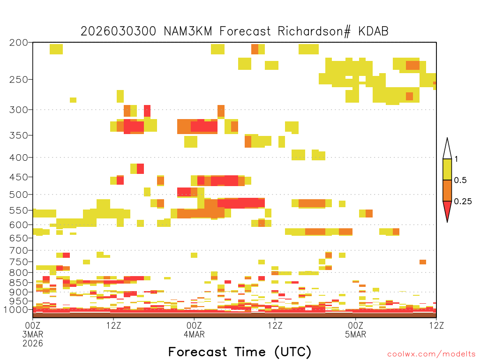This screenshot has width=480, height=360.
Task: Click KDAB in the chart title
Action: click(374, 31)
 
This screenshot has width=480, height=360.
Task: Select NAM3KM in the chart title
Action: click(188, 31)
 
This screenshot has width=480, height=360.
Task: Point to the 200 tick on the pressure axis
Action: click(19, 43)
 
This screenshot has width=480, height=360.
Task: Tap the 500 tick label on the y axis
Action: click(19, 195)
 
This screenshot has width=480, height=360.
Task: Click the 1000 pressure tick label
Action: click(16, 310)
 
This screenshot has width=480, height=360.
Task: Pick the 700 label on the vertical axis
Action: click(19, 250)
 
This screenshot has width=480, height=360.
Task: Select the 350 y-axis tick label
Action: click(19, 135)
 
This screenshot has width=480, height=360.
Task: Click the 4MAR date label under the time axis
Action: click(194, 334)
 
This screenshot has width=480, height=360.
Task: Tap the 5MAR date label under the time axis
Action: click(355, 334)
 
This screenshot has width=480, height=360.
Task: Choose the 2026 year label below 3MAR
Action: click(33, 344)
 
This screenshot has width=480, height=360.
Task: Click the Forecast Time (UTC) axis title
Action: click(240, 352)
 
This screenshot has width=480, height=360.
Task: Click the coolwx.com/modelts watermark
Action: click(431, 354)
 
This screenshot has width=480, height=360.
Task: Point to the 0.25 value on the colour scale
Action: click(463, 202)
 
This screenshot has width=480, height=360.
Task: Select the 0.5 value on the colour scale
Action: click(460, 180)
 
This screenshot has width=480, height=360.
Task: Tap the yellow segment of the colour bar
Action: click(447, 169)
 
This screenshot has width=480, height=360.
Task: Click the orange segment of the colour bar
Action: click(447, 190)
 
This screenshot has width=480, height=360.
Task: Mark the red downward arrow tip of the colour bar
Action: click(447, 222)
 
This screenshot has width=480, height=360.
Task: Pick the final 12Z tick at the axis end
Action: click(436, 325)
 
